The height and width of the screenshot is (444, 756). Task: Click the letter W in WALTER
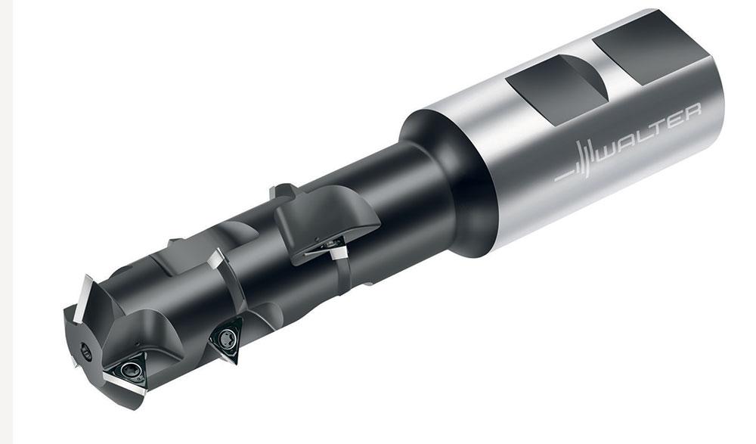(x=609, y=154)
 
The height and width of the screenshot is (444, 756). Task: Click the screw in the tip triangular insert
(x=129, y=370)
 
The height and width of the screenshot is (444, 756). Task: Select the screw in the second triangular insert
(x=225, y=338)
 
